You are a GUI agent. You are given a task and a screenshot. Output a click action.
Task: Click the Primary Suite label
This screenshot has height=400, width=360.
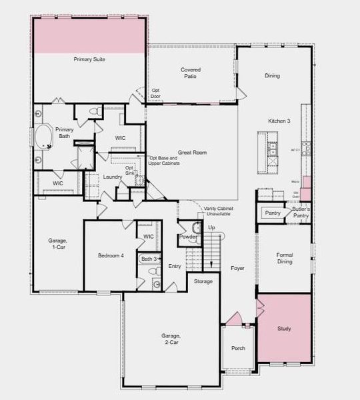click(x=89, y=59)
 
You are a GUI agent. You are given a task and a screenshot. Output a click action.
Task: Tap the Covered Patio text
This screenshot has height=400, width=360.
click(x=191, y=73)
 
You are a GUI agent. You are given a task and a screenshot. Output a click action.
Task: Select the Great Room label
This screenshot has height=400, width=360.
click(x=192, y=153)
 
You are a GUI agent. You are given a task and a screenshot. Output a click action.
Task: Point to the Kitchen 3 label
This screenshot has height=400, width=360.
click(x=279, y=121)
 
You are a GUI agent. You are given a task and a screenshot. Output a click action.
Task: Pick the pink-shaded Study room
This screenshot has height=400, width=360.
click(x=284, y=329)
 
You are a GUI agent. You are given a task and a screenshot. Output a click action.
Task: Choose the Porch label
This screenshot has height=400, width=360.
click(x=238, y=349)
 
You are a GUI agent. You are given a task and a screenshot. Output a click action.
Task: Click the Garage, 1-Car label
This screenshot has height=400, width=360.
click(x=57, y=244)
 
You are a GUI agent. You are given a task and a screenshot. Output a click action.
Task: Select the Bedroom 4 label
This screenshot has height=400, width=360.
click(x=111, y=256)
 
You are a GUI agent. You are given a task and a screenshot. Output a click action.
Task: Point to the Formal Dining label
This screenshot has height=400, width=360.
click(x=285, y=258)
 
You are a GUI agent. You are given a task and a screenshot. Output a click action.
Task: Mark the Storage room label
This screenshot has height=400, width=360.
click(x=203, y=281)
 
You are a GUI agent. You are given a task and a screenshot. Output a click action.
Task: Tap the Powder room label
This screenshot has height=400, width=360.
click(x=187, y=237)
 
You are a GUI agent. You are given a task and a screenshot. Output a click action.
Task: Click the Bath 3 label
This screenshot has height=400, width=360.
click(x=149, y=259)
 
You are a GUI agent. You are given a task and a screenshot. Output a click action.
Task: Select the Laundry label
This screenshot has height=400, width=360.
click(x=112, y=177)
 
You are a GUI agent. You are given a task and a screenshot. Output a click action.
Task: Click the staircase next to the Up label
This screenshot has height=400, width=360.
click(x=212, y=251)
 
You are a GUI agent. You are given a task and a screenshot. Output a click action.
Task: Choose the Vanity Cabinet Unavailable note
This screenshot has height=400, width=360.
click(x=218, y=211)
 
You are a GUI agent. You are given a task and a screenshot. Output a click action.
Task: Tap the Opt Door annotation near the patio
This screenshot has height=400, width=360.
click(x=155, y=93)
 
